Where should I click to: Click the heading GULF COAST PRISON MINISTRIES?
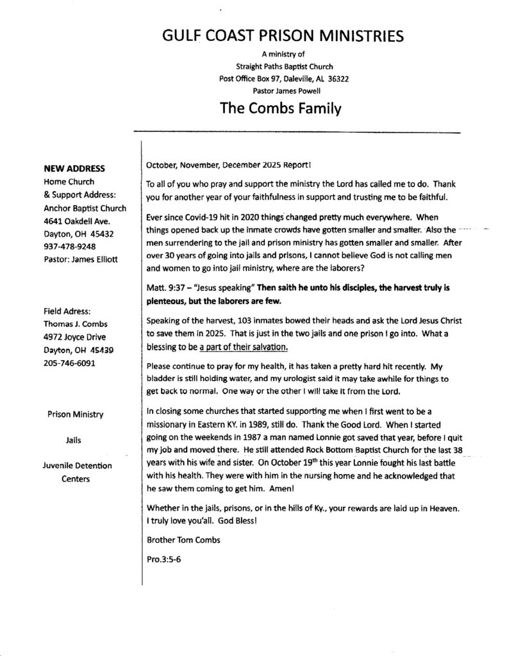click(x=283, y=36)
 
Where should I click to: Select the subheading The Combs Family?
click(x=280, y=108)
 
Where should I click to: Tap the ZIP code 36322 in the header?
click(x=336, y=79)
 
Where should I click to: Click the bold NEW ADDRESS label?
click(x=74, y=169)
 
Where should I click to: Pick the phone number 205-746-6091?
click(x=69, y=363)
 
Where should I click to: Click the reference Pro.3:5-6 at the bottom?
click(x=165, y=559)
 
